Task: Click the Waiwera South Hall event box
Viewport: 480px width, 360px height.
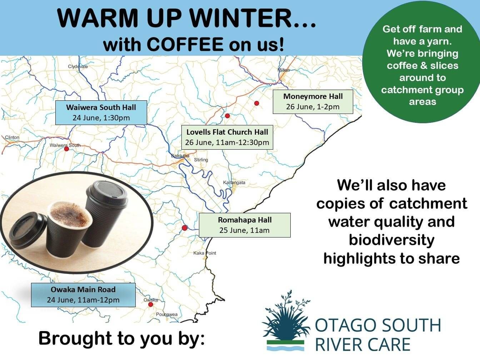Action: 101,112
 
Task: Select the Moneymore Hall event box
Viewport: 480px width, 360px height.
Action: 313,102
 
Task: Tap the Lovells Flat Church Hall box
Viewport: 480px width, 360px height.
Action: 227,137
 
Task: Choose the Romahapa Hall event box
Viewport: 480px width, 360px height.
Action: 245,225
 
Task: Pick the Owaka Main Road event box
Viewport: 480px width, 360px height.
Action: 83,295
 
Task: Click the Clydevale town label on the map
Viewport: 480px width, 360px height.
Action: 78,66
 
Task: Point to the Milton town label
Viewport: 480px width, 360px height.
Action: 284,70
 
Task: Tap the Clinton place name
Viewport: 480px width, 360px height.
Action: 12,137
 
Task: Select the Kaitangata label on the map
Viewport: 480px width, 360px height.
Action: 234,182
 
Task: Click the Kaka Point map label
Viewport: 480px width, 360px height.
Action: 205,253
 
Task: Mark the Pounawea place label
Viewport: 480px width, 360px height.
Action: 167,314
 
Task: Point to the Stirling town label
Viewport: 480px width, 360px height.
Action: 201,160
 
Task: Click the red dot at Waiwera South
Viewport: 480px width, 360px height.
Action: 66,149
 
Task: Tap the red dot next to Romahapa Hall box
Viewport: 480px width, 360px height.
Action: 185,228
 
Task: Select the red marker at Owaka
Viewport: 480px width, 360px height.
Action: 150,304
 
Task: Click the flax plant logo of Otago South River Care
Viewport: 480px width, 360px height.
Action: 286,320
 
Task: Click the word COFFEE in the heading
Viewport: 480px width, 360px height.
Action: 185,44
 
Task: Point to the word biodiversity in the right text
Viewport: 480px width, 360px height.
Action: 391,240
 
